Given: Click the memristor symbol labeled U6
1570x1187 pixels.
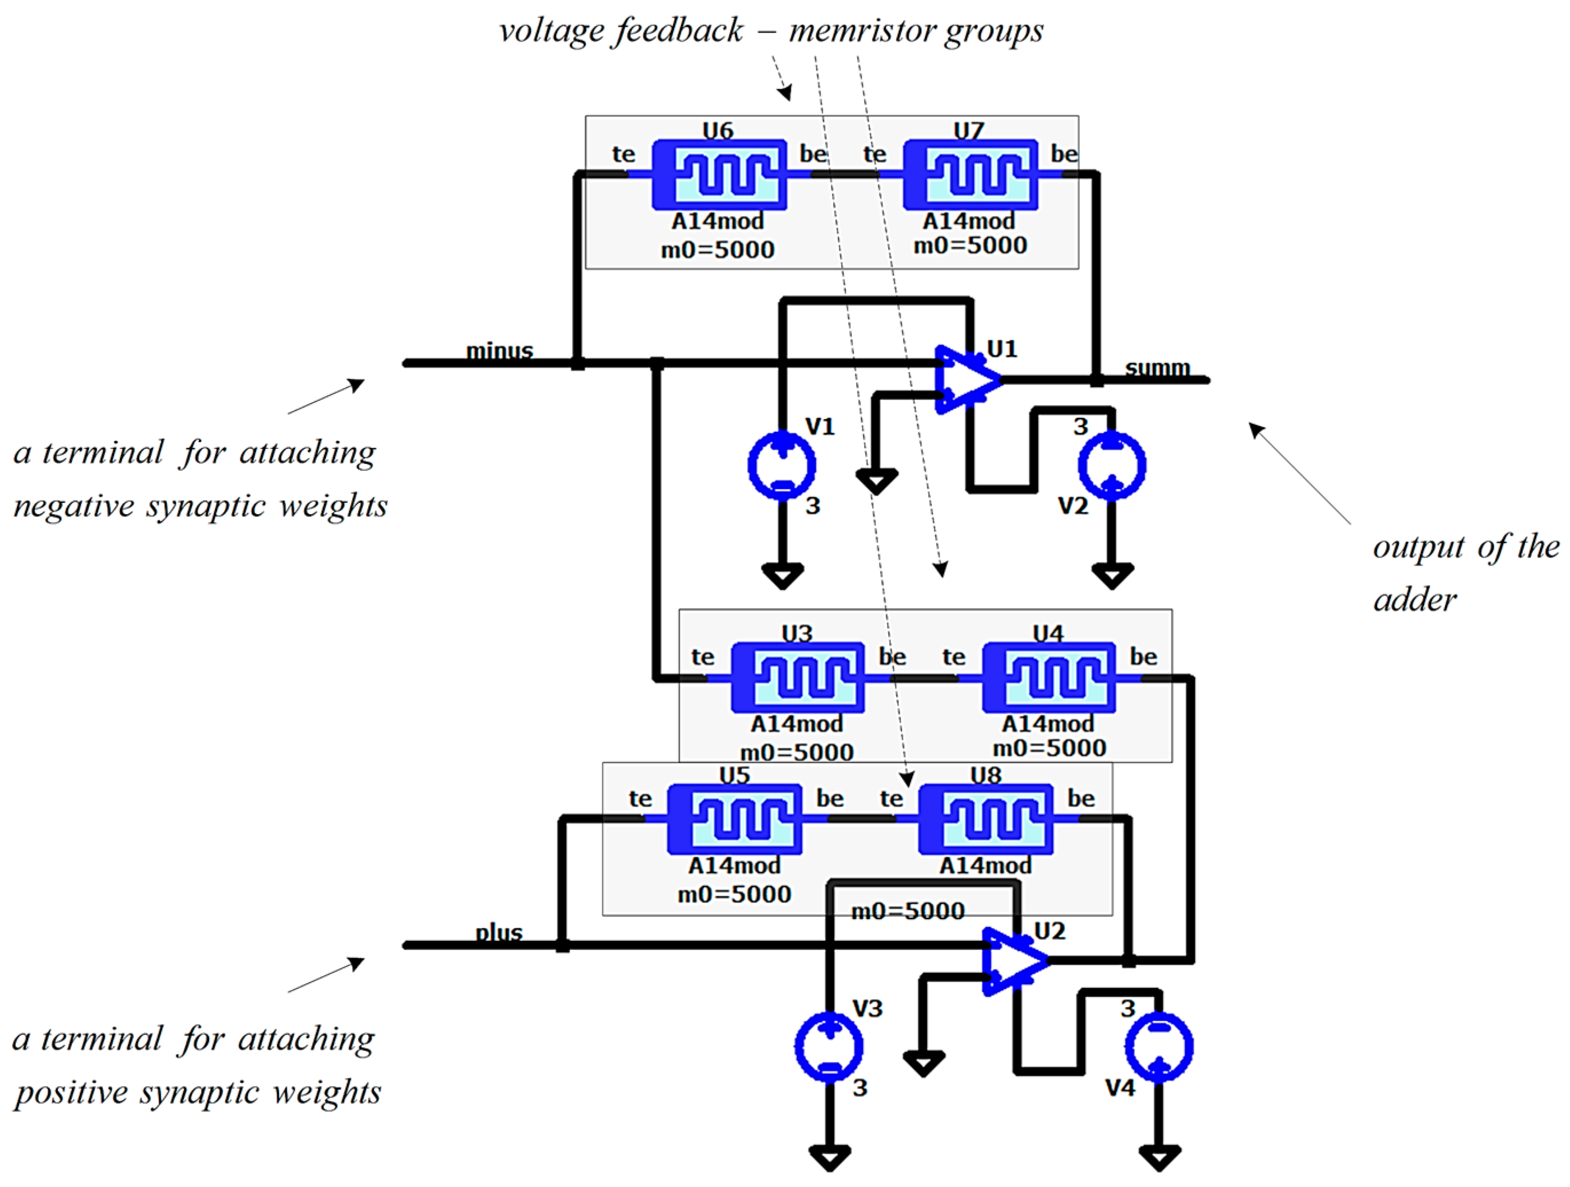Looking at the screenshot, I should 719,175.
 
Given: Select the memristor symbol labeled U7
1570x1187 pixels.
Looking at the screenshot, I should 971,175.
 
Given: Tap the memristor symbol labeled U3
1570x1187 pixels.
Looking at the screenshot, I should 798,677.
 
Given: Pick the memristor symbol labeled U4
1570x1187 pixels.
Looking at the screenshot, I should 1049,677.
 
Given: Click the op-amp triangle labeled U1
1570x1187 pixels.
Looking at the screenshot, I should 965,380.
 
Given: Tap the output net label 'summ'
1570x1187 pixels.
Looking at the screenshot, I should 1157,368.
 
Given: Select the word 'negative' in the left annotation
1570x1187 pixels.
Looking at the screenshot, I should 74,506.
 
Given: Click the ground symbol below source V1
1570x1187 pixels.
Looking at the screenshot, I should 782,575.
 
